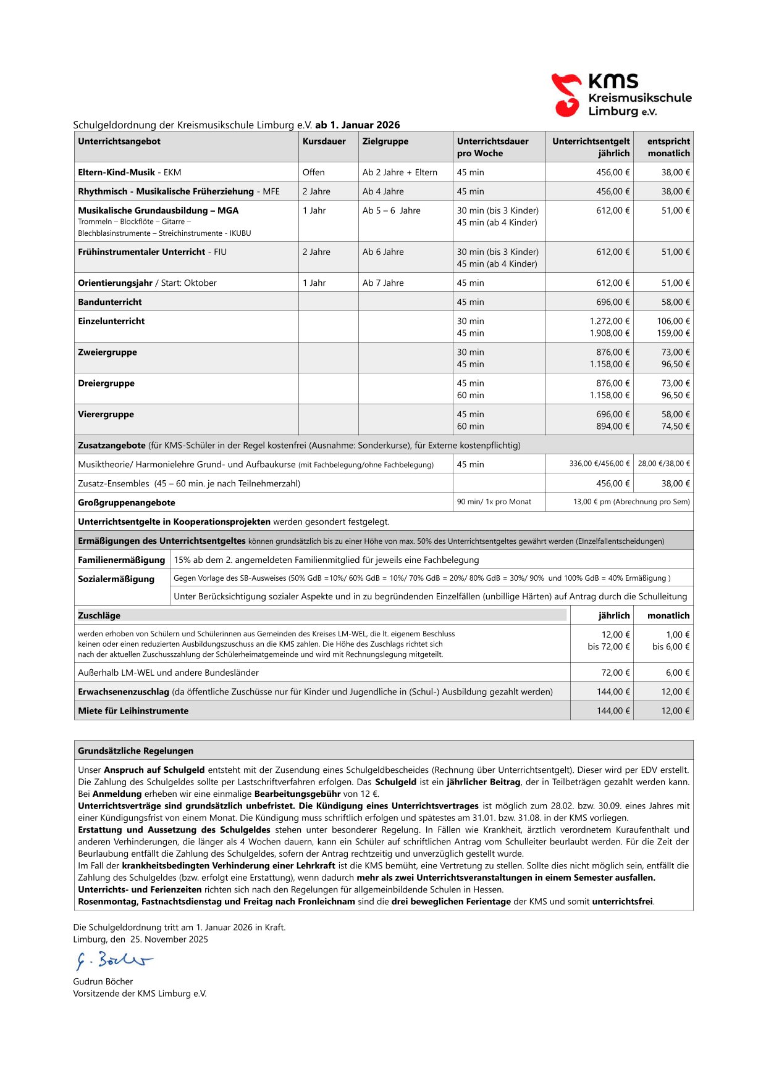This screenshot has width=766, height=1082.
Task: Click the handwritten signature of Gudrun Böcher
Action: [x=114, y=960]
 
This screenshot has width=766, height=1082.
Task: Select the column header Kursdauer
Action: [x=324, y=141]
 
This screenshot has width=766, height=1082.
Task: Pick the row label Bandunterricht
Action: [x=109, y=302]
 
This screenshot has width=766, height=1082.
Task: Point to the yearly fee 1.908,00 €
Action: [x=610, y=333]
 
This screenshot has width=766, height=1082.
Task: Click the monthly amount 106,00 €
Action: [x=673, y=321]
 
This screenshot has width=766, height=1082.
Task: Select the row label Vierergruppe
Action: [x=106, y=414]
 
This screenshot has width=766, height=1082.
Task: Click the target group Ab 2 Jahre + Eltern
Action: [x=400, y=172]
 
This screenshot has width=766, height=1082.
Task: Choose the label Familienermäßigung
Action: [x=121, y=560]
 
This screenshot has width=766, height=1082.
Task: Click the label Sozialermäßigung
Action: [x=116, y=579]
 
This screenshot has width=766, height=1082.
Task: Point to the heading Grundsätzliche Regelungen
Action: [x=135, y=751]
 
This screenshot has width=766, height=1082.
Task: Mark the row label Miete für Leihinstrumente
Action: [x=133, y=711]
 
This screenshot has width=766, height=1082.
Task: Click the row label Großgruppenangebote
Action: [x=126, y=502]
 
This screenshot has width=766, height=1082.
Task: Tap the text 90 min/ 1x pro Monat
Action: [x=494, y=502]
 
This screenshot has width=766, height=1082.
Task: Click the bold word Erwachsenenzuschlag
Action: [x=124, y=692]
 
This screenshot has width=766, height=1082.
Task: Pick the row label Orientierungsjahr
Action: [x=115, y=283]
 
